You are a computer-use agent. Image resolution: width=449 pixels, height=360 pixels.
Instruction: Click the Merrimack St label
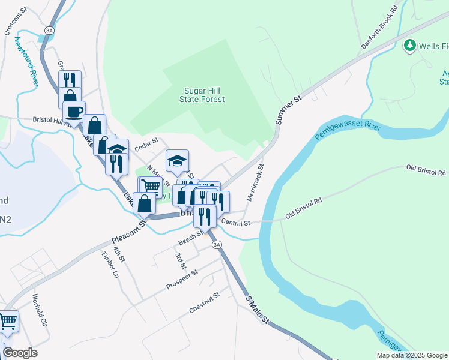coord(255,182)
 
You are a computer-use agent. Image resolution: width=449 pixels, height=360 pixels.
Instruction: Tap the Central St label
coord(235,223)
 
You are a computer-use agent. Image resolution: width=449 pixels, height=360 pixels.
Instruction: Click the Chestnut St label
coord(205,302)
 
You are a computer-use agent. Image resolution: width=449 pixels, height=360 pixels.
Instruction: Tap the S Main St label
coord(256,309)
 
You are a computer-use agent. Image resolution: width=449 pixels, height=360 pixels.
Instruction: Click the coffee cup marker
coord(74,112)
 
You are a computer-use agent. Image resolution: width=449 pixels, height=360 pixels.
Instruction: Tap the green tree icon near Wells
coord(410,45)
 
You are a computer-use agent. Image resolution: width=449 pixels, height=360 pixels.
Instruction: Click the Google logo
coord(20,353)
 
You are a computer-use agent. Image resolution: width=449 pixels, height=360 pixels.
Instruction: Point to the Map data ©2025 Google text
coord(411,355)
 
